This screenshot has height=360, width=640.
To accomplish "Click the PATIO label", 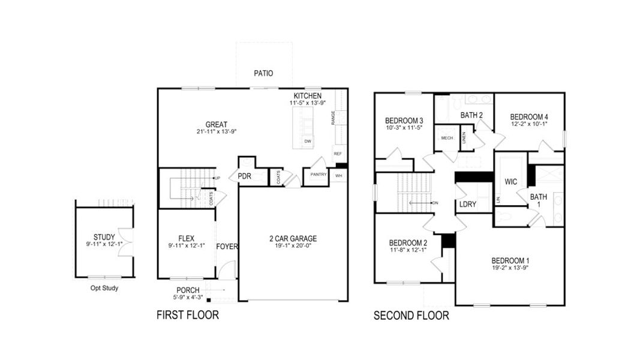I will pos(263,73).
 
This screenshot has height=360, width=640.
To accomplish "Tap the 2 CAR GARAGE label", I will pos(293,238).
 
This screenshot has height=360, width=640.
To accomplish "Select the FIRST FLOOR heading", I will pos(187,315).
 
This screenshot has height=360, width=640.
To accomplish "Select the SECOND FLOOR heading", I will pos(411,316).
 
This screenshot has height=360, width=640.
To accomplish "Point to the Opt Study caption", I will pos(100,288).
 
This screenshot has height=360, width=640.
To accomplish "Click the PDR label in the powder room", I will pos(244,176).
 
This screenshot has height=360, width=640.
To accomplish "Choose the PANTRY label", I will pos(318,175).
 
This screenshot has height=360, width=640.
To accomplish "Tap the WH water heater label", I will pos(338,175).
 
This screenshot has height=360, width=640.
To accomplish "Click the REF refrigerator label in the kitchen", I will pos(338,154).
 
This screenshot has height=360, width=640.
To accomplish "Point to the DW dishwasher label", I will pos(308,142).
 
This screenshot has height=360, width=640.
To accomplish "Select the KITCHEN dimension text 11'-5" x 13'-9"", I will pos(308,104).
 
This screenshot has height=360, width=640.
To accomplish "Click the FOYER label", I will pos(227,247).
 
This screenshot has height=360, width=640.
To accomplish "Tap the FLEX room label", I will pos(187,238).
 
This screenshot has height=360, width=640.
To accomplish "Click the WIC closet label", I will pos(511,181).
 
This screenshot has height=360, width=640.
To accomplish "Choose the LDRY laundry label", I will pos(467,205).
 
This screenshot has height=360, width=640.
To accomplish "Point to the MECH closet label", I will pos(447,138).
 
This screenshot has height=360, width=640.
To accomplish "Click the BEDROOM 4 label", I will pos(528,117).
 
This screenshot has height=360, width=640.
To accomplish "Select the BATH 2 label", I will pos(471,115).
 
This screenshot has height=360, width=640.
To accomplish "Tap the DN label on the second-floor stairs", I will pos(435,203).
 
